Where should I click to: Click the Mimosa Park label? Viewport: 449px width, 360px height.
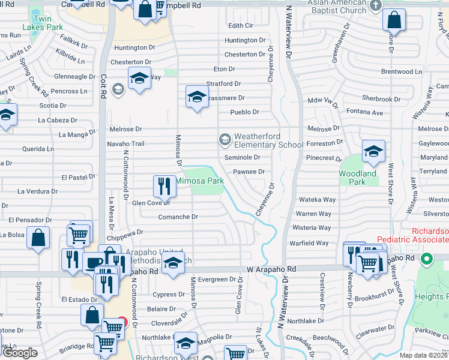(199, 180)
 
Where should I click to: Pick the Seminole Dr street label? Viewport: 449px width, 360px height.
(242, 157)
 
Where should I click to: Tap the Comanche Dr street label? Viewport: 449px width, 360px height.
(178, 217)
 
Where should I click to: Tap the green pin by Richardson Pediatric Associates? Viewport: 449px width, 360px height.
(426, 260)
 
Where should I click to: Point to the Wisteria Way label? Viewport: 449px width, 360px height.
(312, 228)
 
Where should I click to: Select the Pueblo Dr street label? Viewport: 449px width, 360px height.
(245, 112)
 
